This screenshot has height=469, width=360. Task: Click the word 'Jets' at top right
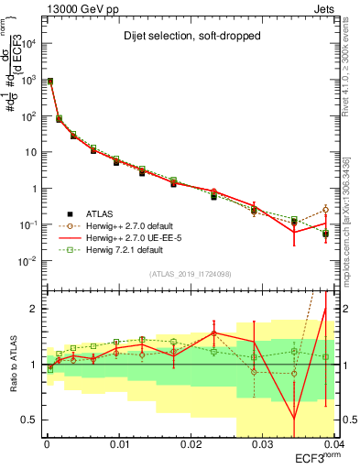pos(322,7)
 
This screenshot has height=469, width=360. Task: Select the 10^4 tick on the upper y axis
pos(27,44)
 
